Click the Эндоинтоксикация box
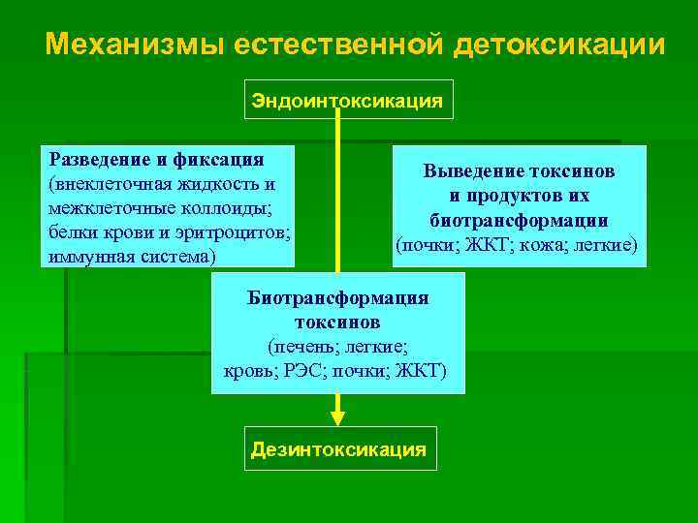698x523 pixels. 348,100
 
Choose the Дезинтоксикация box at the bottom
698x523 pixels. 338,449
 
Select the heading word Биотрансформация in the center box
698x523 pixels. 337,297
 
